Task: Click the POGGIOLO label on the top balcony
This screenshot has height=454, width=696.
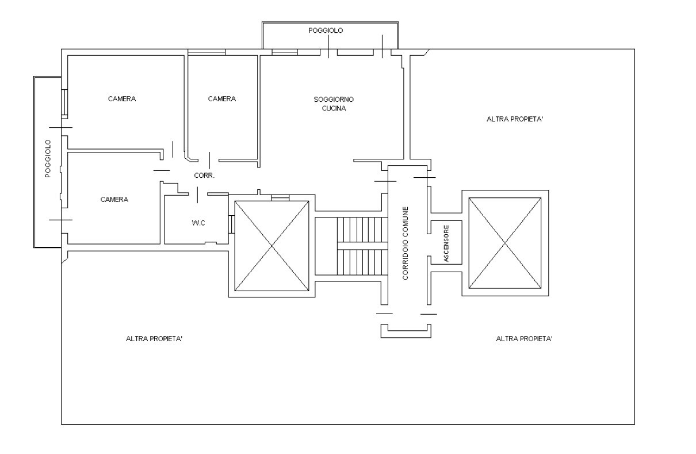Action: (326, 30)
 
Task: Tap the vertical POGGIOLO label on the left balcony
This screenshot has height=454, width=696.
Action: (48, 158)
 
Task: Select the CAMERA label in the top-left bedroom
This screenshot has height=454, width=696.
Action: (122, 99)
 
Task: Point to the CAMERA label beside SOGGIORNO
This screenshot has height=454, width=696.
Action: (222, 99)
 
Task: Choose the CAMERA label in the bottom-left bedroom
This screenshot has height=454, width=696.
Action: (114, 200)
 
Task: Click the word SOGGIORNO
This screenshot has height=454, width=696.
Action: (334, 100)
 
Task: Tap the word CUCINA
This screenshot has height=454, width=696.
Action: (334, 108)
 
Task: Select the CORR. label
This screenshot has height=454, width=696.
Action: (204, 176)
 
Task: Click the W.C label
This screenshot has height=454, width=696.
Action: (198, 223)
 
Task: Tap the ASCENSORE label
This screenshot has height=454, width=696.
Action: (446, 243)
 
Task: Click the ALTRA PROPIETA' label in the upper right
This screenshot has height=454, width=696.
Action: (515, 119)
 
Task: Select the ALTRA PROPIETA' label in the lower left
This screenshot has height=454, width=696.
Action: (154, 339)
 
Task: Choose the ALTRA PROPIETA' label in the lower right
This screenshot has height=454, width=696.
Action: (525, 339)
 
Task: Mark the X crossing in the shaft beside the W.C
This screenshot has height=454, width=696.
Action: (272, 246)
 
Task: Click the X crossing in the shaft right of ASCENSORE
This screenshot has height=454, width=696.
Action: (505, 243)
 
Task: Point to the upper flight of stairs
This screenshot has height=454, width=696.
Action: (362, 230)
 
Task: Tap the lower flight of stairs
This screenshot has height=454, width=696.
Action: (362, 262)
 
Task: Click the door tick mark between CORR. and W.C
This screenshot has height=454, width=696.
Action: (198, 195)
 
